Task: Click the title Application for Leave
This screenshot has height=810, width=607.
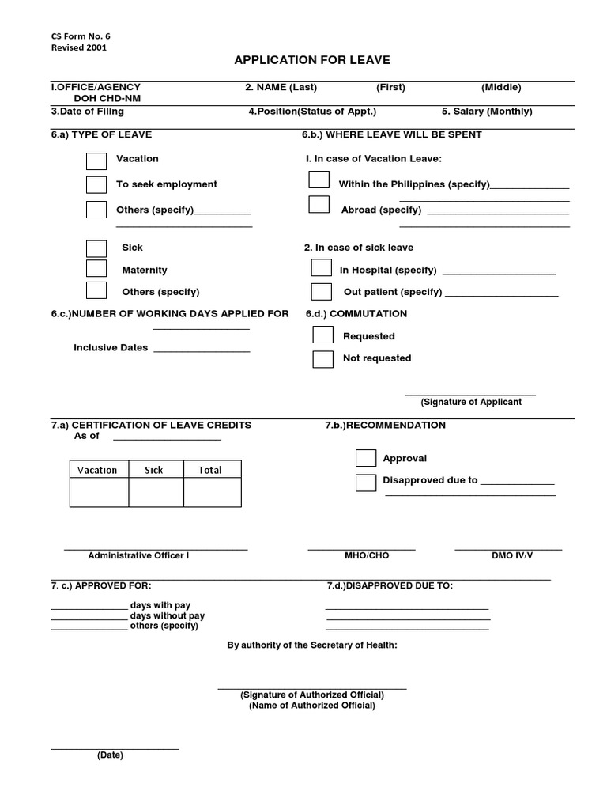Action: coord(311,60)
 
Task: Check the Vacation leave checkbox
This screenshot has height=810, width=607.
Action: coord(96,161)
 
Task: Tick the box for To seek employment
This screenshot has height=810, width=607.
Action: coord(96,185)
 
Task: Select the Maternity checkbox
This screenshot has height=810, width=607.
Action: coord(96,270)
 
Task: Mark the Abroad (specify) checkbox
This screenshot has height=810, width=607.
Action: coord(319,205)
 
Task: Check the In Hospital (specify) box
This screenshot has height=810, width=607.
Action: coord(322,269)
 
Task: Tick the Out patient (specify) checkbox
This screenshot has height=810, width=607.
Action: coord(322,292)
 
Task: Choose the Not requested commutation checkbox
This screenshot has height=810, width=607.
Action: coord(322,359)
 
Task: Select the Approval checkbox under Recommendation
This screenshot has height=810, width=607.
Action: coord(366,458)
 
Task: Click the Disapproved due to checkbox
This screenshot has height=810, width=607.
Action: coord(366,482)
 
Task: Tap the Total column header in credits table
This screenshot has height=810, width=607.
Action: coord(210,470)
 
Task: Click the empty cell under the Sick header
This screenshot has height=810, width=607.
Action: coord(156,493)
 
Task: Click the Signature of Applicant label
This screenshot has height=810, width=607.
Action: coord(471,402)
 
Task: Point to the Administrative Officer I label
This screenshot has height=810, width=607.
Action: coord(138,555)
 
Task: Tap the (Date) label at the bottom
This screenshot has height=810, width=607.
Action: coord(110,755)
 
